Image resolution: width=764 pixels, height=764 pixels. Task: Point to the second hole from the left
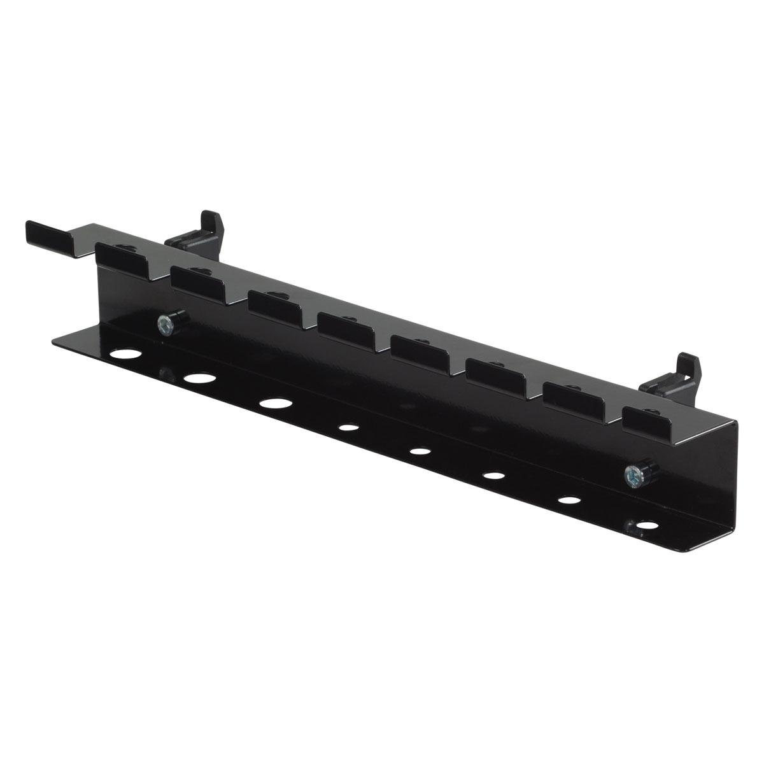(199, 378)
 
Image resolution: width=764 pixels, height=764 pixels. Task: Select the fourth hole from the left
(347, 428)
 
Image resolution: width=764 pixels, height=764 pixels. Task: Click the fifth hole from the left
(418, 451)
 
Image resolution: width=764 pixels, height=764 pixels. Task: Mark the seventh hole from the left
(567, 500)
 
